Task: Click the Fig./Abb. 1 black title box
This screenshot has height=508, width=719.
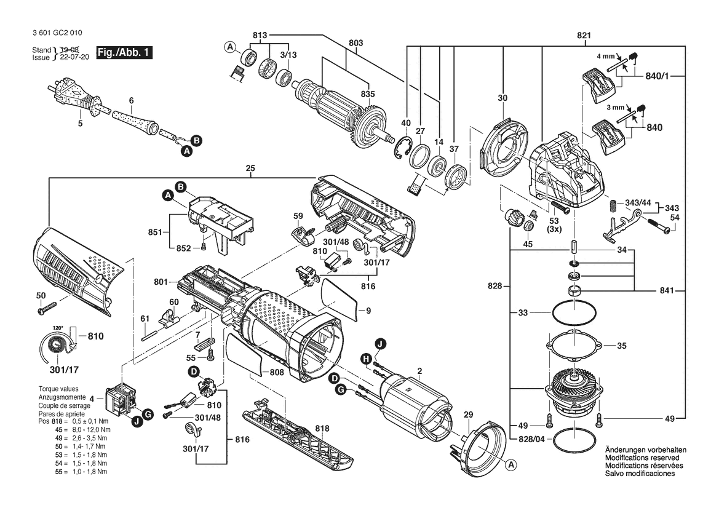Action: [124, 52]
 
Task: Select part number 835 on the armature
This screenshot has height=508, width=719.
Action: [368, 94]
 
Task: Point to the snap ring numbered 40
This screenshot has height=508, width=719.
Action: [401, 148]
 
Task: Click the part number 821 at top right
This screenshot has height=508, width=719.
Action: [584, 35]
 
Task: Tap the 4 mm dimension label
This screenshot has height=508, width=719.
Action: [605, 57]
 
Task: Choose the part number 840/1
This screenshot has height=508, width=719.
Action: [657, 76]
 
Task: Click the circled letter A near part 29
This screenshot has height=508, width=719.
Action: [511, 465]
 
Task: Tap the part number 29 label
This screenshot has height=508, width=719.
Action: [467, 415]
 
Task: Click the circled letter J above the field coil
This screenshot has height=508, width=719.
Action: [380, 343]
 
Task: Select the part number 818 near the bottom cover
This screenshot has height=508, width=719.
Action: [322, 429]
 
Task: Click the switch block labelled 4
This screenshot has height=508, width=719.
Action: [121, 400]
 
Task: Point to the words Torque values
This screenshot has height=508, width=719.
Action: [58, 389]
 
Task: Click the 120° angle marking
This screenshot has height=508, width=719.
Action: [57, 328]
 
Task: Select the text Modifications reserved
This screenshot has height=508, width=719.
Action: [642, 458]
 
